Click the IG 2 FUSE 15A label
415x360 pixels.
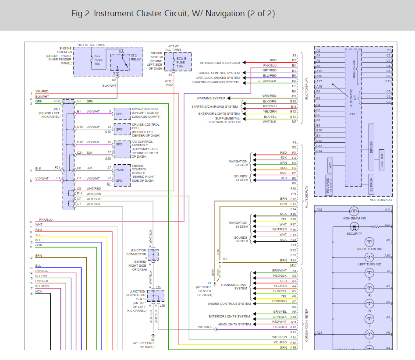pyautogui.click(x=97, y=60)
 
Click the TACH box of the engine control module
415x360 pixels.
pyautogui.click(x=120, y=171)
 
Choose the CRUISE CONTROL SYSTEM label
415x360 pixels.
pyautogui.click(x=219, y=73)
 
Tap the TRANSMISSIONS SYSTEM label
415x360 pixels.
pyautogui.click(x=234, y=286)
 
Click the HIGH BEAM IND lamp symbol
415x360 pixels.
pyautogui.click(x=354, y=211)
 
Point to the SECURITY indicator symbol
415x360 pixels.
pyautogui.click(x=354, y=226)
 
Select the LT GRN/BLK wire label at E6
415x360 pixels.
pyautogui.click(x=267, y=81)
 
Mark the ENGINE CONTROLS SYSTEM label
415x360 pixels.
pyautogui.click(x=229, y=304)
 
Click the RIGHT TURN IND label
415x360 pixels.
pyautogui.click(x=369, y=249)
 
